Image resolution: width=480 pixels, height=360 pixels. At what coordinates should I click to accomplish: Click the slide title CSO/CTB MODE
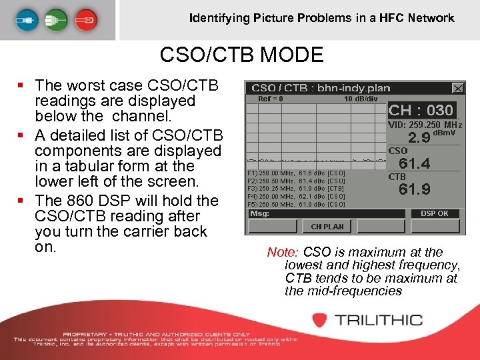(241, 55)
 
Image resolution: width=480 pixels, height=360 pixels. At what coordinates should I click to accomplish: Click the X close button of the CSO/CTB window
(458, 88)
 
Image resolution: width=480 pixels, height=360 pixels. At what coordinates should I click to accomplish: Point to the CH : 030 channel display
(421, 111)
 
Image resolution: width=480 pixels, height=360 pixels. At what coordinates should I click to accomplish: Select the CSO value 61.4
(414, 163)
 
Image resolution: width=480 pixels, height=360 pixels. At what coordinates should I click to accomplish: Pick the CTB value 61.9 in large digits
(414, 190)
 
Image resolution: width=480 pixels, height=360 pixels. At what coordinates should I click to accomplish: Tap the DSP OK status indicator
(435, 213)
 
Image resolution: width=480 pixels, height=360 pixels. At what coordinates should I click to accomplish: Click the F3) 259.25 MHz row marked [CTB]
(296, 189)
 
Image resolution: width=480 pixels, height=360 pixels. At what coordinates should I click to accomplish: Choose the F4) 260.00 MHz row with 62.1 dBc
(296, 197)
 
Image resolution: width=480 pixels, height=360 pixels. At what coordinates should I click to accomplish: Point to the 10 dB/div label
(361, 99)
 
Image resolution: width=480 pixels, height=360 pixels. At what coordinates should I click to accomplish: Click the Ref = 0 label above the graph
(270, 99)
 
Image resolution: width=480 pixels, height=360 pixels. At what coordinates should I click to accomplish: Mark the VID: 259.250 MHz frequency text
(425, 125)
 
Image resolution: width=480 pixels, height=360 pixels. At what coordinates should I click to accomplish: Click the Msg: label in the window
(259, 214)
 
